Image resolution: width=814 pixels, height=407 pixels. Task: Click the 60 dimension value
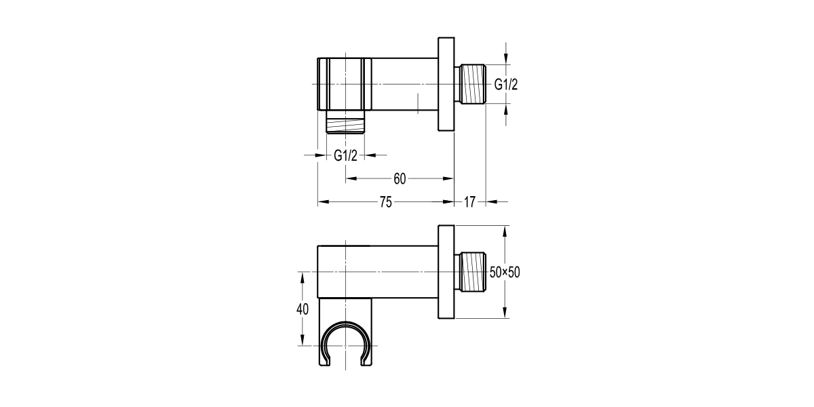click(x=400, y=178)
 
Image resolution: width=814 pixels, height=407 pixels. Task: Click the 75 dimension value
click(x=385, y=201)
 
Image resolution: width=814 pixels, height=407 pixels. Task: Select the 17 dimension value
click(x=469, y=201)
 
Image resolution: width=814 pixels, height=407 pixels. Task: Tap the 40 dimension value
click(x=303, y=309)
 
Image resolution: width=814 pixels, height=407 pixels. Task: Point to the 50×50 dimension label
click(x=505, y=272)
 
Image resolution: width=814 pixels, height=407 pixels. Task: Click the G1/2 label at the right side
click(x=506, y=85)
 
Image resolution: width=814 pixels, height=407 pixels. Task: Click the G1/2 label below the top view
click(x=345, y=155)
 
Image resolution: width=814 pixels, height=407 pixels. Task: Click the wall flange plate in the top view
click(x=446, y=85)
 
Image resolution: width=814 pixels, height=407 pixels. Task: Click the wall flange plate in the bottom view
click(x=446, y=272)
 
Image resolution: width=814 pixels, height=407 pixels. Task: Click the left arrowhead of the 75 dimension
click(x=322, y=201)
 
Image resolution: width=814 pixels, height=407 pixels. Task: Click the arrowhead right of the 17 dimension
click(x=490, y=201)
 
